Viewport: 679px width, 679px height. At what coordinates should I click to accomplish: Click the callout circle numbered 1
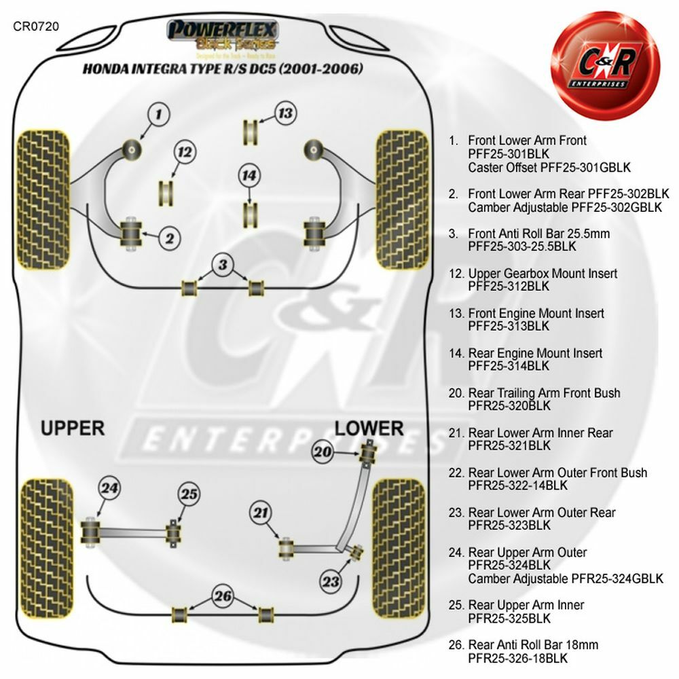158,115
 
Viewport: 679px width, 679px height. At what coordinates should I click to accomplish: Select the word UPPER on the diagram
73,428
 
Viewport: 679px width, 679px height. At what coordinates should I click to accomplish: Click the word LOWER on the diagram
369,428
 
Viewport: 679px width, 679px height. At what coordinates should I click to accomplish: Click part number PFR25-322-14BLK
519,485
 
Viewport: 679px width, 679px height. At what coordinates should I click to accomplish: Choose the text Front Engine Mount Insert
536,313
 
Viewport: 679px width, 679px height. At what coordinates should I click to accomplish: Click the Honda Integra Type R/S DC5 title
223,69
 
